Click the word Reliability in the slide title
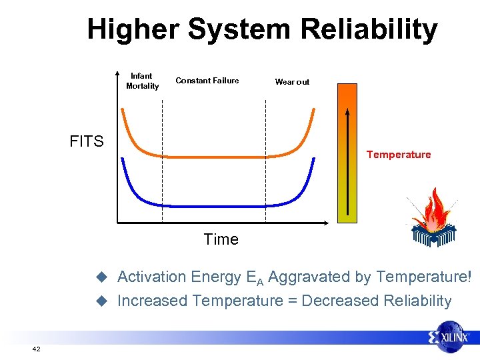point(369,30)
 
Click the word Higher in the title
point(133,30)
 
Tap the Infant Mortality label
point(142,81)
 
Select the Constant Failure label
point(207,81)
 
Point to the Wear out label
point(292,82)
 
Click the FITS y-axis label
point(87,141)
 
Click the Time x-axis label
point(221,239)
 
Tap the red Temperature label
point(399,155)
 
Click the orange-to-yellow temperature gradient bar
point(347,153)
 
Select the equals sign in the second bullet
point(292,301)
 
